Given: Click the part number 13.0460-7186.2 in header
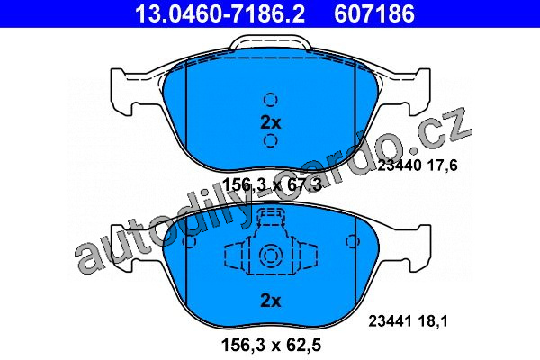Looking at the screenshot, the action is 220,13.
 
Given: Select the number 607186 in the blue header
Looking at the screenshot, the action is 374,13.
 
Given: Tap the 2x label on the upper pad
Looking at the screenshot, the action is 271,122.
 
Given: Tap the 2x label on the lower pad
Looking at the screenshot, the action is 271,301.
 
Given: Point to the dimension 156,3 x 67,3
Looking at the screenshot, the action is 272,185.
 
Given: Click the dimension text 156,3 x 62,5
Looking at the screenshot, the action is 272,345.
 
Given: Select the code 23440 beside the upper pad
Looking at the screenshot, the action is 400,166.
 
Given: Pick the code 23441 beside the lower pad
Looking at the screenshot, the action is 391,321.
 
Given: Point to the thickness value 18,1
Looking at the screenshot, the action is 433,321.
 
